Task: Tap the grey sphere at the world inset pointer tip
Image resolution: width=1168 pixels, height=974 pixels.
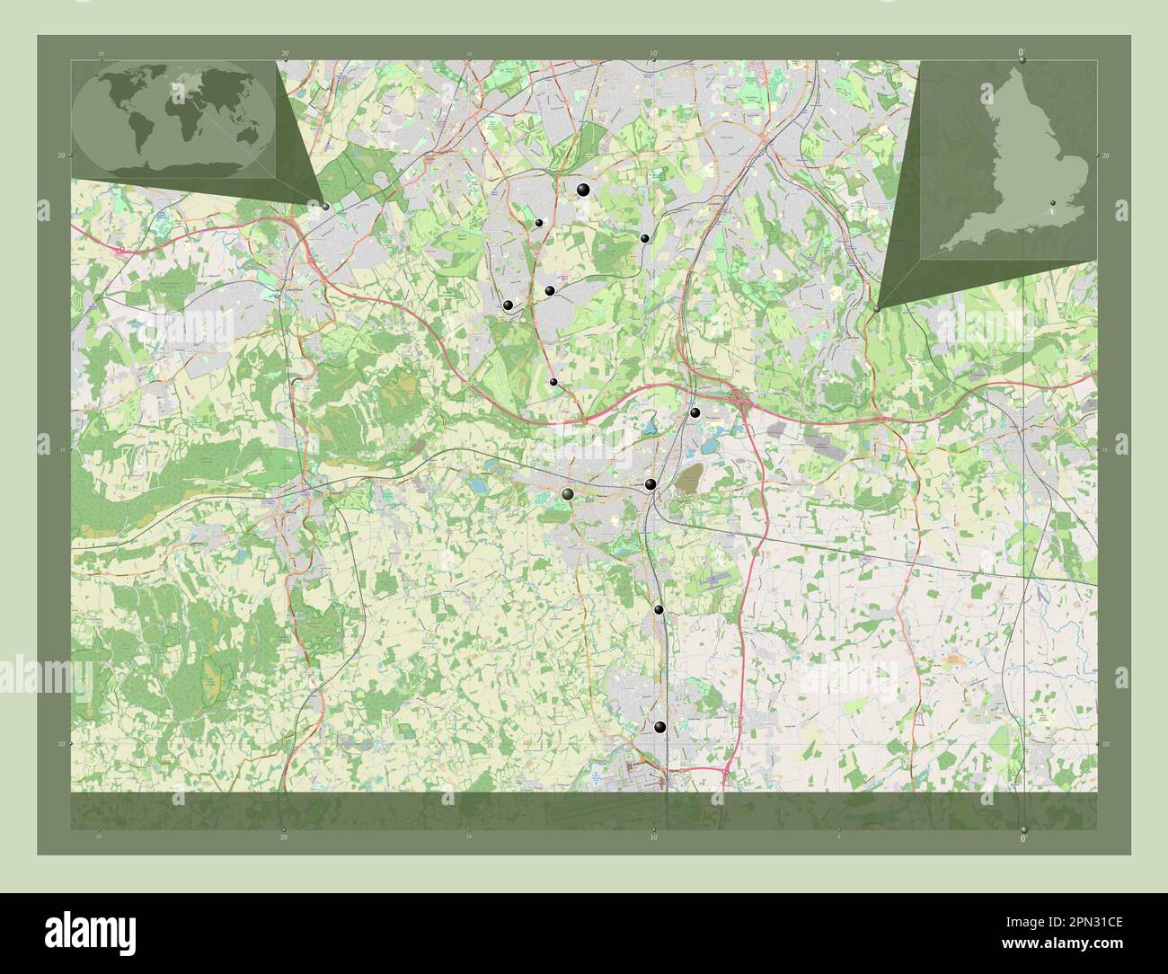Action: [x=325, y=206]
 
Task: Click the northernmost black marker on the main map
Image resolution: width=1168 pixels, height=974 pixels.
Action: [x=584, y=189]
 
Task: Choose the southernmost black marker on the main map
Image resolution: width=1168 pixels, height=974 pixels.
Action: [x=660, y=727]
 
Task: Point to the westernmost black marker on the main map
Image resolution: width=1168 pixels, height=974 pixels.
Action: [x=509, y=306]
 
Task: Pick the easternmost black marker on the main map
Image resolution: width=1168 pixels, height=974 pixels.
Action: [x=695, y=412]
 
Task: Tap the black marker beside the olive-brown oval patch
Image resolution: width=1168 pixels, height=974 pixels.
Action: [x=650, y=485]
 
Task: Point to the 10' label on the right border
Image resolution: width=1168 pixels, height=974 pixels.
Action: [x=1105, y=744]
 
